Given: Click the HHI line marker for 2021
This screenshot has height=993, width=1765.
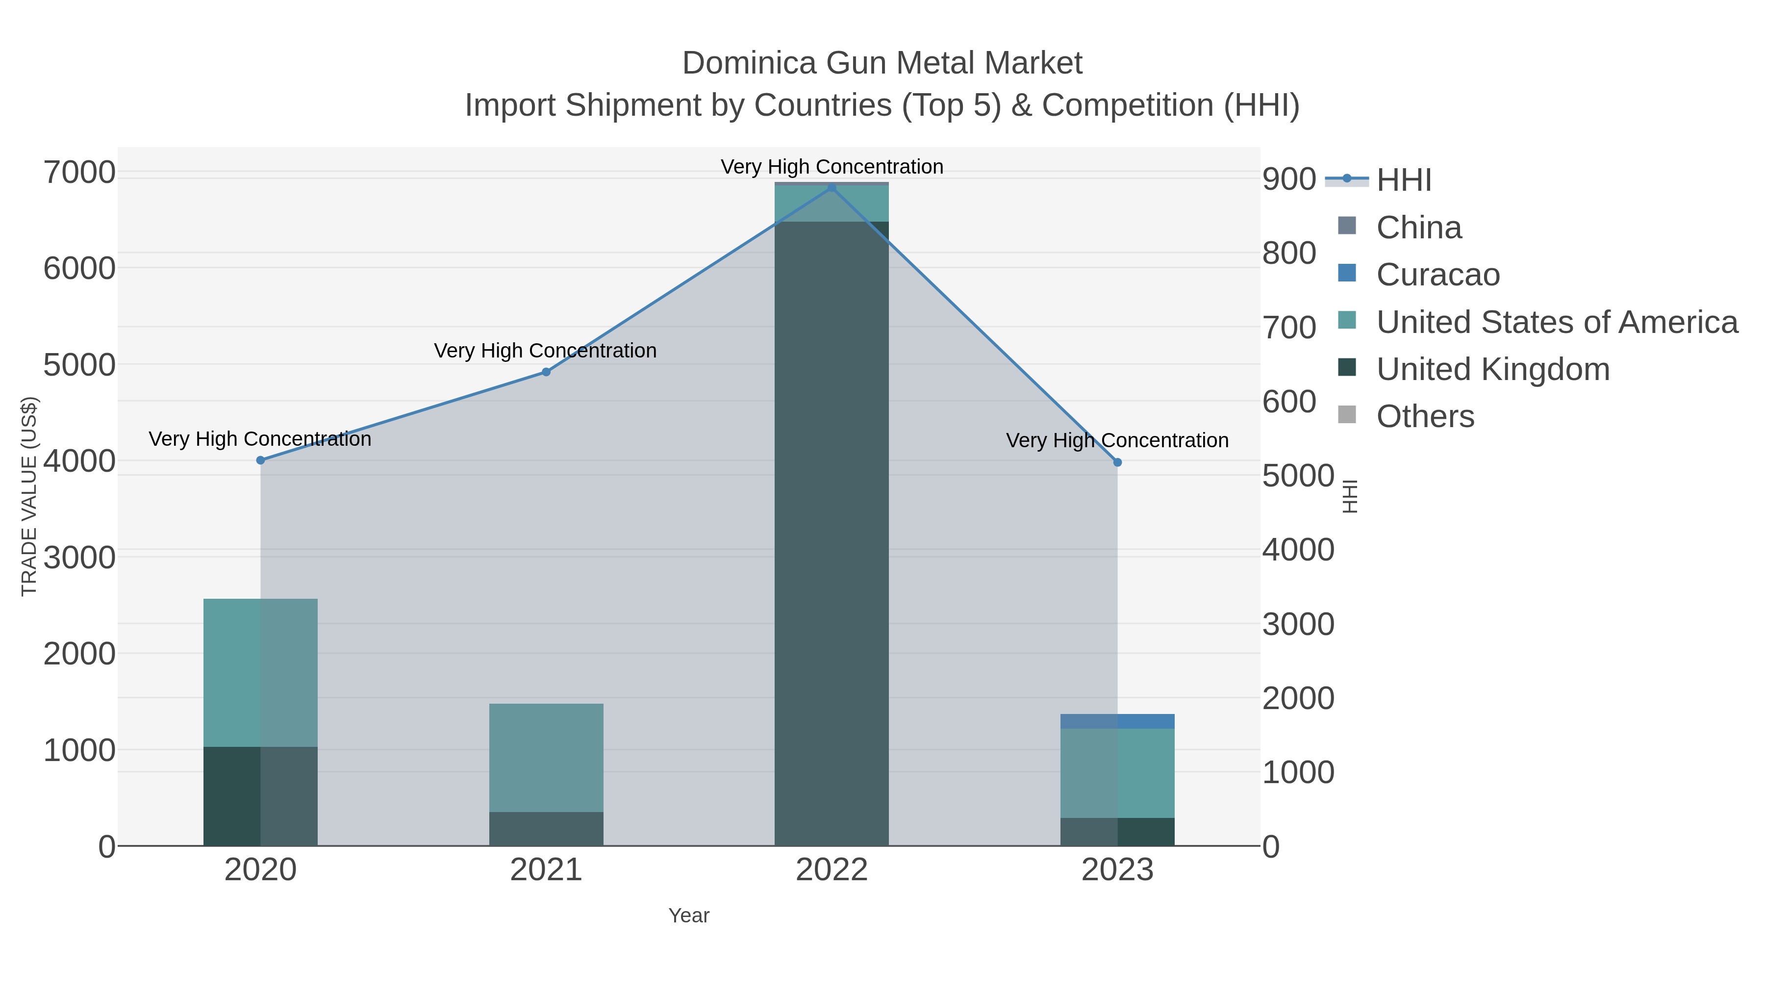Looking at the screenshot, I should [546, 372].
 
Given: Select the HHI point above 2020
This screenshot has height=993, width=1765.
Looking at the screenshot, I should [260, 460].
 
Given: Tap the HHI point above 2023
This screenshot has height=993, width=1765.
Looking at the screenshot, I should [1117, 462].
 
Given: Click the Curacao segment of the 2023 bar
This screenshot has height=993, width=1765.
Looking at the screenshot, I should [1117, 721].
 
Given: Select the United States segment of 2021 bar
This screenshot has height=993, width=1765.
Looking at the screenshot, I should [546, 757].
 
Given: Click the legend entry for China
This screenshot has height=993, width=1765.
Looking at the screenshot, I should [1418, 228].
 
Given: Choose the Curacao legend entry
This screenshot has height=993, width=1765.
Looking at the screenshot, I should [1437, 275].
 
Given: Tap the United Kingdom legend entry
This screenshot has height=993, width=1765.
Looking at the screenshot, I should [1492, 369].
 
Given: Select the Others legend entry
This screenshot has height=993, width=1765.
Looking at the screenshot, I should [1425, 417].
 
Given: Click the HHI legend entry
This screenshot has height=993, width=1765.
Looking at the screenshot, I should [1403, 180].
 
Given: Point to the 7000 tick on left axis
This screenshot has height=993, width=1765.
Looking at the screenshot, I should [79, 172].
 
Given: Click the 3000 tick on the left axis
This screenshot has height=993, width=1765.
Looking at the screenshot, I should [79, 558].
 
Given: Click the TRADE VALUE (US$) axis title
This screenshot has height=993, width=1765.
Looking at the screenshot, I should [29, 496].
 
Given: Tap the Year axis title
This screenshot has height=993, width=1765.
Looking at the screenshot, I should [689, 916].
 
